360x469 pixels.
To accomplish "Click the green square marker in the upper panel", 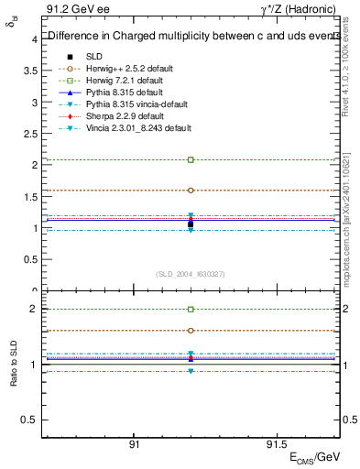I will pos(191,159).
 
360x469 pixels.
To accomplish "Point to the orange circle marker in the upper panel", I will pos(191,191).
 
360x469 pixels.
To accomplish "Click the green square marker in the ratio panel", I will pos(191,310).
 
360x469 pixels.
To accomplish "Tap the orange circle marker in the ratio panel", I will pos(191,330).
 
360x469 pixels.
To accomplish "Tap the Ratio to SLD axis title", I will pos(14,364).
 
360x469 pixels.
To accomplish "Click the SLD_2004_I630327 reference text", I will pos(191,274).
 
